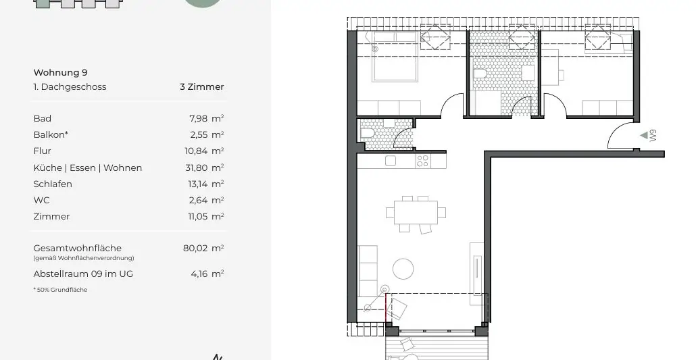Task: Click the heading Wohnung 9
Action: tap(61, 72)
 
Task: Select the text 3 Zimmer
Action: tap(201, 86)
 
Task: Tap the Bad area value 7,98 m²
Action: tap(206, 118)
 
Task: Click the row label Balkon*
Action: tap(51, 134)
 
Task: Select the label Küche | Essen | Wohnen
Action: tap(88, 168)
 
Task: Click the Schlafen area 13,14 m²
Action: tap(205, 184)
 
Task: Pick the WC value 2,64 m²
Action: tap(206, 200)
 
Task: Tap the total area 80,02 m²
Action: tap(203, 248)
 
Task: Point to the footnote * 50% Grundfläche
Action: tap(60, 290)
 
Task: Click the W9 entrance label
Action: tap(653, 136)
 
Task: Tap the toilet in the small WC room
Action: tap(368, 134)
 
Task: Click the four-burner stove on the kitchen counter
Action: tap(422, 161)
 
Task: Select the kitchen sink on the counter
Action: tap(390, 161)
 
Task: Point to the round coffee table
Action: tap(403, 269)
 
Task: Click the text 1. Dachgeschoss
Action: tap(70, 86)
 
